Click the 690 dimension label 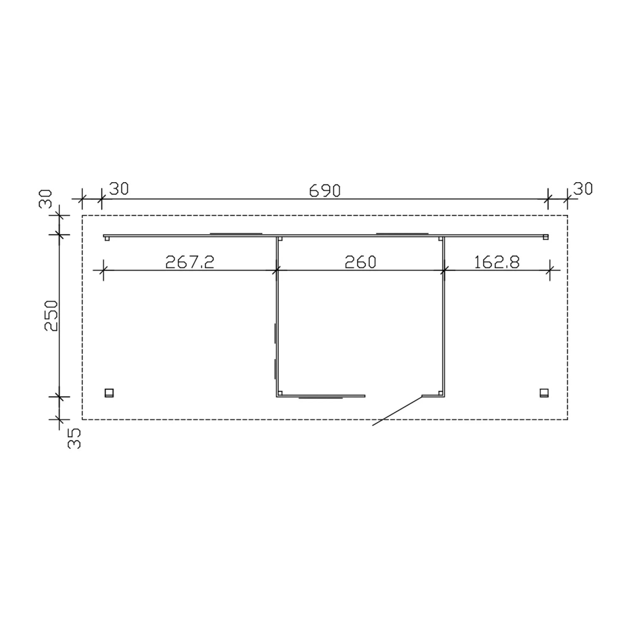click(x=324, y=191)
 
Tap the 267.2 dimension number click(x=190, y=262)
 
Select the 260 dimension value click(x=360, y=262)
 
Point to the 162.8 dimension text click(x=497, y=262)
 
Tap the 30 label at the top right click(x=583, y=189)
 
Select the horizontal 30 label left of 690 click(x=119, y=189)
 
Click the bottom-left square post click(x=109, y=393)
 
